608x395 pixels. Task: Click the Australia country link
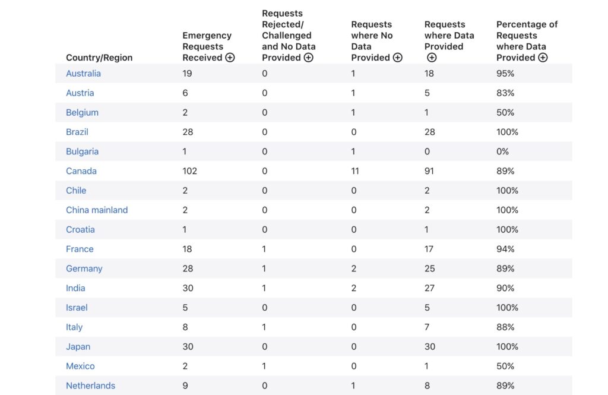click(83, 73)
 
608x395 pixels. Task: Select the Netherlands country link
click(90, 385)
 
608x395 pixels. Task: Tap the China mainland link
click(97, 210)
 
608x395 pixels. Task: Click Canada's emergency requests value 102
click(189, 171)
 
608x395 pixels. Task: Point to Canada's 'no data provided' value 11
click(355, 171)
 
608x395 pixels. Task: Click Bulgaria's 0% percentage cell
click(502, 151)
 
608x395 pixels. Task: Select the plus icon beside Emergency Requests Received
click(230, 58)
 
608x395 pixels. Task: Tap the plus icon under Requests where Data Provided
click(432, 58)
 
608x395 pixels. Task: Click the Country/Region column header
click(99, 58)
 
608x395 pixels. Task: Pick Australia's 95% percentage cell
click(505, 73)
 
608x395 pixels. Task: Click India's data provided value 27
click(429, 288)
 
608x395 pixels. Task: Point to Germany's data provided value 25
click(430, 268)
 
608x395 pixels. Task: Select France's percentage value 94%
click(505, 249)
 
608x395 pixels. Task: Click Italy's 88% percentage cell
click(505, 327)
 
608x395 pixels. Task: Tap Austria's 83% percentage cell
click(505, 93)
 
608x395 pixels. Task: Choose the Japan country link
click(78, 346)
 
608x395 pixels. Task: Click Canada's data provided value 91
click(429, 171)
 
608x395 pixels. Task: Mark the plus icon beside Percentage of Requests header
click(543, 58)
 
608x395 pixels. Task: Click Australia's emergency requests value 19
click(187, 73)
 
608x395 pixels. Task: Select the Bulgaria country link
click(82, 151)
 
